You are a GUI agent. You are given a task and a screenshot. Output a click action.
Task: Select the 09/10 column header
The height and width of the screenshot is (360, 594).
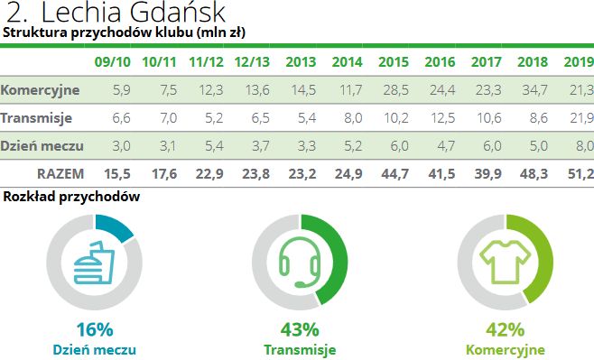pyautogui.click(x=111, y=63)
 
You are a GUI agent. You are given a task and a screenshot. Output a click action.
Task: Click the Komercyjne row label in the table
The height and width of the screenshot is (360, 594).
pyautogui.click(x=41, y=90)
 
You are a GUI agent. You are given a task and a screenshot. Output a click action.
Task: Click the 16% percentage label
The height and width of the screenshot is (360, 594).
pyautogui.click(x=94, y=328)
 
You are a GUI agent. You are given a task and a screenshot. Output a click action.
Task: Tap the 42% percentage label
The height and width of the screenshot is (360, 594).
pyautogui.click(x=506, y=328)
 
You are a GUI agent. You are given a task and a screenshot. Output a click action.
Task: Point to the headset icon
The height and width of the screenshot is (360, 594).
pyautogui.click(x=300, y=261)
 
